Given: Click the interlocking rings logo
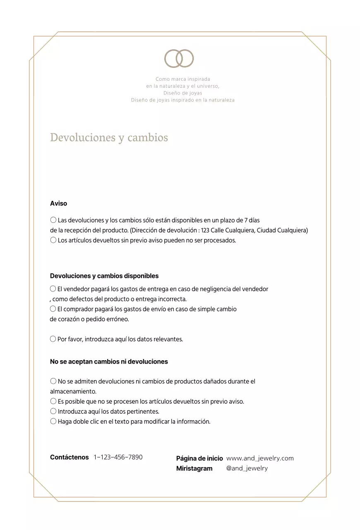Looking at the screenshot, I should pyautogui.click(x=179, y=58).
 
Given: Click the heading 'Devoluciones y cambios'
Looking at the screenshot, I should pyautogui.click(x=109, y=137).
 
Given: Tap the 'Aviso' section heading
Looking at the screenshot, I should pyautogui.click(x=58, y=204).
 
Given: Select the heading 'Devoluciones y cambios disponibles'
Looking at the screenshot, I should pyautogui.click(x=104, y=276).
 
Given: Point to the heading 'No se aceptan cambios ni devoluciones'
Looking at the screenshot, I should pyautogui.click(x=109, y=362).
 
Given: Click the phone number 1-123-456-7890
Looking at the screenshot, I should pyautogui.click(x=118, y=458).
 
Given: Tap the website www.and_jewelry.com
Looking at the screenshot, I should pyautogui.click(x=260, y=458).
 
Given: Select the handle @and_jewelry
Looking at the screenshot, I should pyautogui.click(x=247, y=468).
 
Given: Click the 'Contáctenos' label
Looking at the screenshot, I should pyautogui.click(x=69, y=458).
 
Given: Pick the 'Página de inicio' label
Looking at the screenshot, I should pyautogui.click(x=199, y=459).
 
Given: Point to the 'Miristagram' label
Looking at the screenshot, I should pyautogui.click(x=194, y=469).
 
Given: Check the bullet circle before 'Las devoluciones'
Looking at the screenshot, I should pyautogui.click(x=53, y=220).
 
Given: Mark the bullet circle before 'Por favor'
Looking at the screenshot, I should pyautogui.click(x=53, y=339).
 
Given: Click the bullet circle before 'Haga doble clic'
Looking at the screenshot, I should pyautogui.click(x=53, y=422).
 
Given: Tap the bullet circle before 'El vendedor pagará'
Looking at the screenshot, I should pyautogui.click(x=53, y=289).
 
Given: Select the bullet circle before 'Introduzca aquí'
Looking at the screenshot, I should pyautogui.click(x=53, y=412).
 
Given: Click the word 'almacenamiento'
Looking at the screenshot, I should pyautogui.click(x=73, y=392).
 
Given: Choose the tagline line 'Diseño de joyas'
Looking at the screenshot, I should pyautogui.click(x=182, y=93).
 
